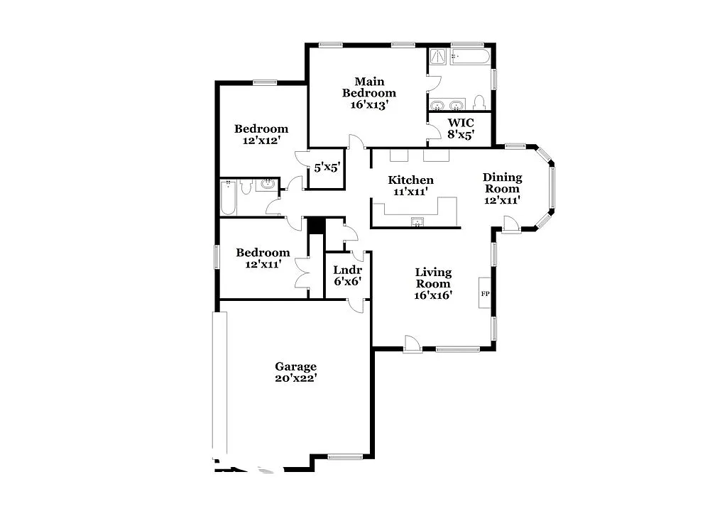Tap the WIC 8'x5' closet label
pos(460,128)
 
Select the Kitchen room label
pos(410,186)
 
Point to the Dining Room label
pos(502,188)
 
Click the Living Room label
pos(433,283)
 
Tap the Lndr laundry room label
pos(348,275)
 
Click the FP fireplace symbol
pos(486,293)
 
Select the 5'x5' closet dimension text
pos(327,169)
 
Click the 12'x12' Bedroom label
pos(261,134)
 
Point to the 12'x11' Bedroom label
pos(263,258)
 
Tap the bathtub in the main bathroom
pos(469,57)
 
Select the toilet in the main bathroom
pos(479,103)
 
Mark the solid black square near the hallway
pos(316,225)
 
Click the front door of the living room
pos(412,344)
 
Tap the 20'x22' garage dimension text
pos(296,378)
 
